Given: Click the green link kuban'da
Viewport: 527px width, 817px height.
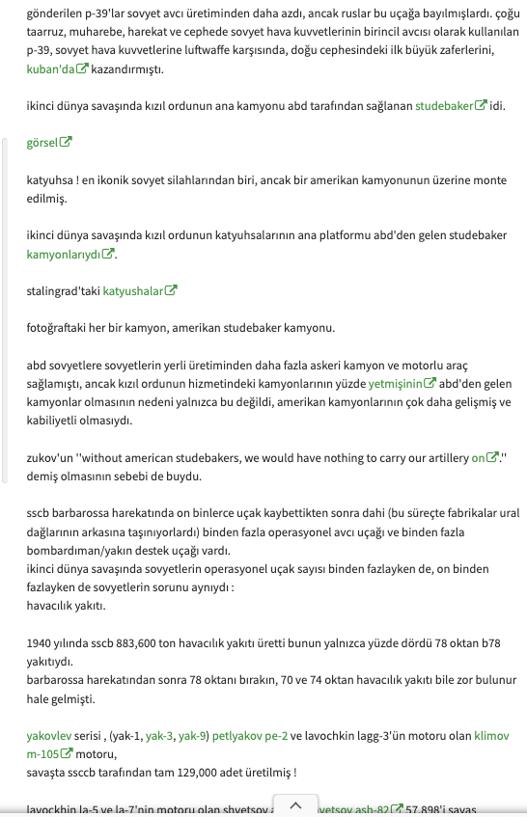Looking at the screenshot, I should (x=50, y=68).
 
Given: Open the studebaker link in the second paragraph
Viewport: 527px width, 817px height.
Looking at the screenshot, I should (x=444, y=105).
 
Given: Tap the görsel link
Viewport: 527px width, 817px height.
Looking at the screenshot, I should (x=42, y=142).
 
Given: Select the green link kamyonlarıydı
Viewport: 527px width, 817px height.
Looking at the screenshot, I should (x=64, y=254).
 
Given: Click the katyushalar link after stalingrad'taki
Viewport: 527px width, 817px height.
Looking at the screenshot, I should (x=133, y=289).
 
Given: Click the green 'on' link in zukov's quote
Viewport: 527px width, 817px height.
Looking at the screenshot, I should (x=478, y=458).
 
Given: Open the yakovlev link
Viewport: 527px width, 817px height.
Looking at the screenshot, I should (x=49, y=736).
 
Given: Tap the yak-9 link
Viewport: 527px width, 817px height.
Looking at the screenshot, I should (x=193, y=736).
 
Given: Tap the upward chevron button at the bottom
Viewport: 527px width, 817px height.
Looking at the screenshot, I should (x=296, y=804).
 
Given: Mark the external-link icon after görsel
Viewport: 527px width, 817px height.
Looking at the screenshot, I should (x=66, y=143).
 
